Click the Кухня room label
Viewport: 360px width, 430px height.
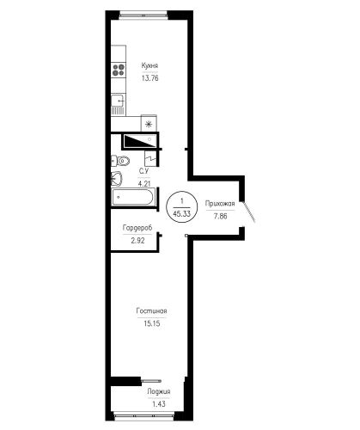(149, 65)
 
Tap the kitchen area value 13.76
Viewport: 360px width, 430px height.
(149, 78)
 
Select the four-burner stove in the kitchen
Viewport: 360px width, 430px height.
(119, 70)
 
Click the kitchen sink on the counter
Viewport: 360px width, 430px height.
(119, 105)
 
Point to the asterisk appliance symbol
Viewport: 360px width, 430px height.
(149, 124)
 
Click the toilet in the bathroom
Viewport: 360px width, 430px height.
(120, 161)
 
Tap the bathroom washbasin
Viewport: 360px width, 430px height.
(117, 179)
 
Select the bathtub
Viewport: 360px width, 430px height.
(133, 197)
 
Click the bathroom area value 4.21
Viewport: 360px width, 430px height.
(144, 184)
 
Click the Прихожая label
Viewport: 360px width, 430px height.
(220, 204)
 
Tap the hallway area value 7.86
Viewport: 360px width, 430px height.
(220, 216)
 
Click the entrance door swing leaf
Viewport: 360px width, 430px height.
(249, 212)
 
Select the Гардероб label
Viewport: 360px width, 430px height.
(137, 228)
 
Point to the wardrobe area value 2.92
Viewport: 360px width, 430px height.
(137, 241)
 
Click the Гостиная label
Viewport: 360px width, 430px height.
(151, 310)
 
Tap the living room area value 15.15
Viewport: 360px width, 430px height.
(151, 323)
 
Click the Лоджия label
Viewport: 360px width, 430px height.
(159, 391)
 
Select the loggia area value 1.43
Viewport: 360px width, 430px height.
(159, 404)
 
